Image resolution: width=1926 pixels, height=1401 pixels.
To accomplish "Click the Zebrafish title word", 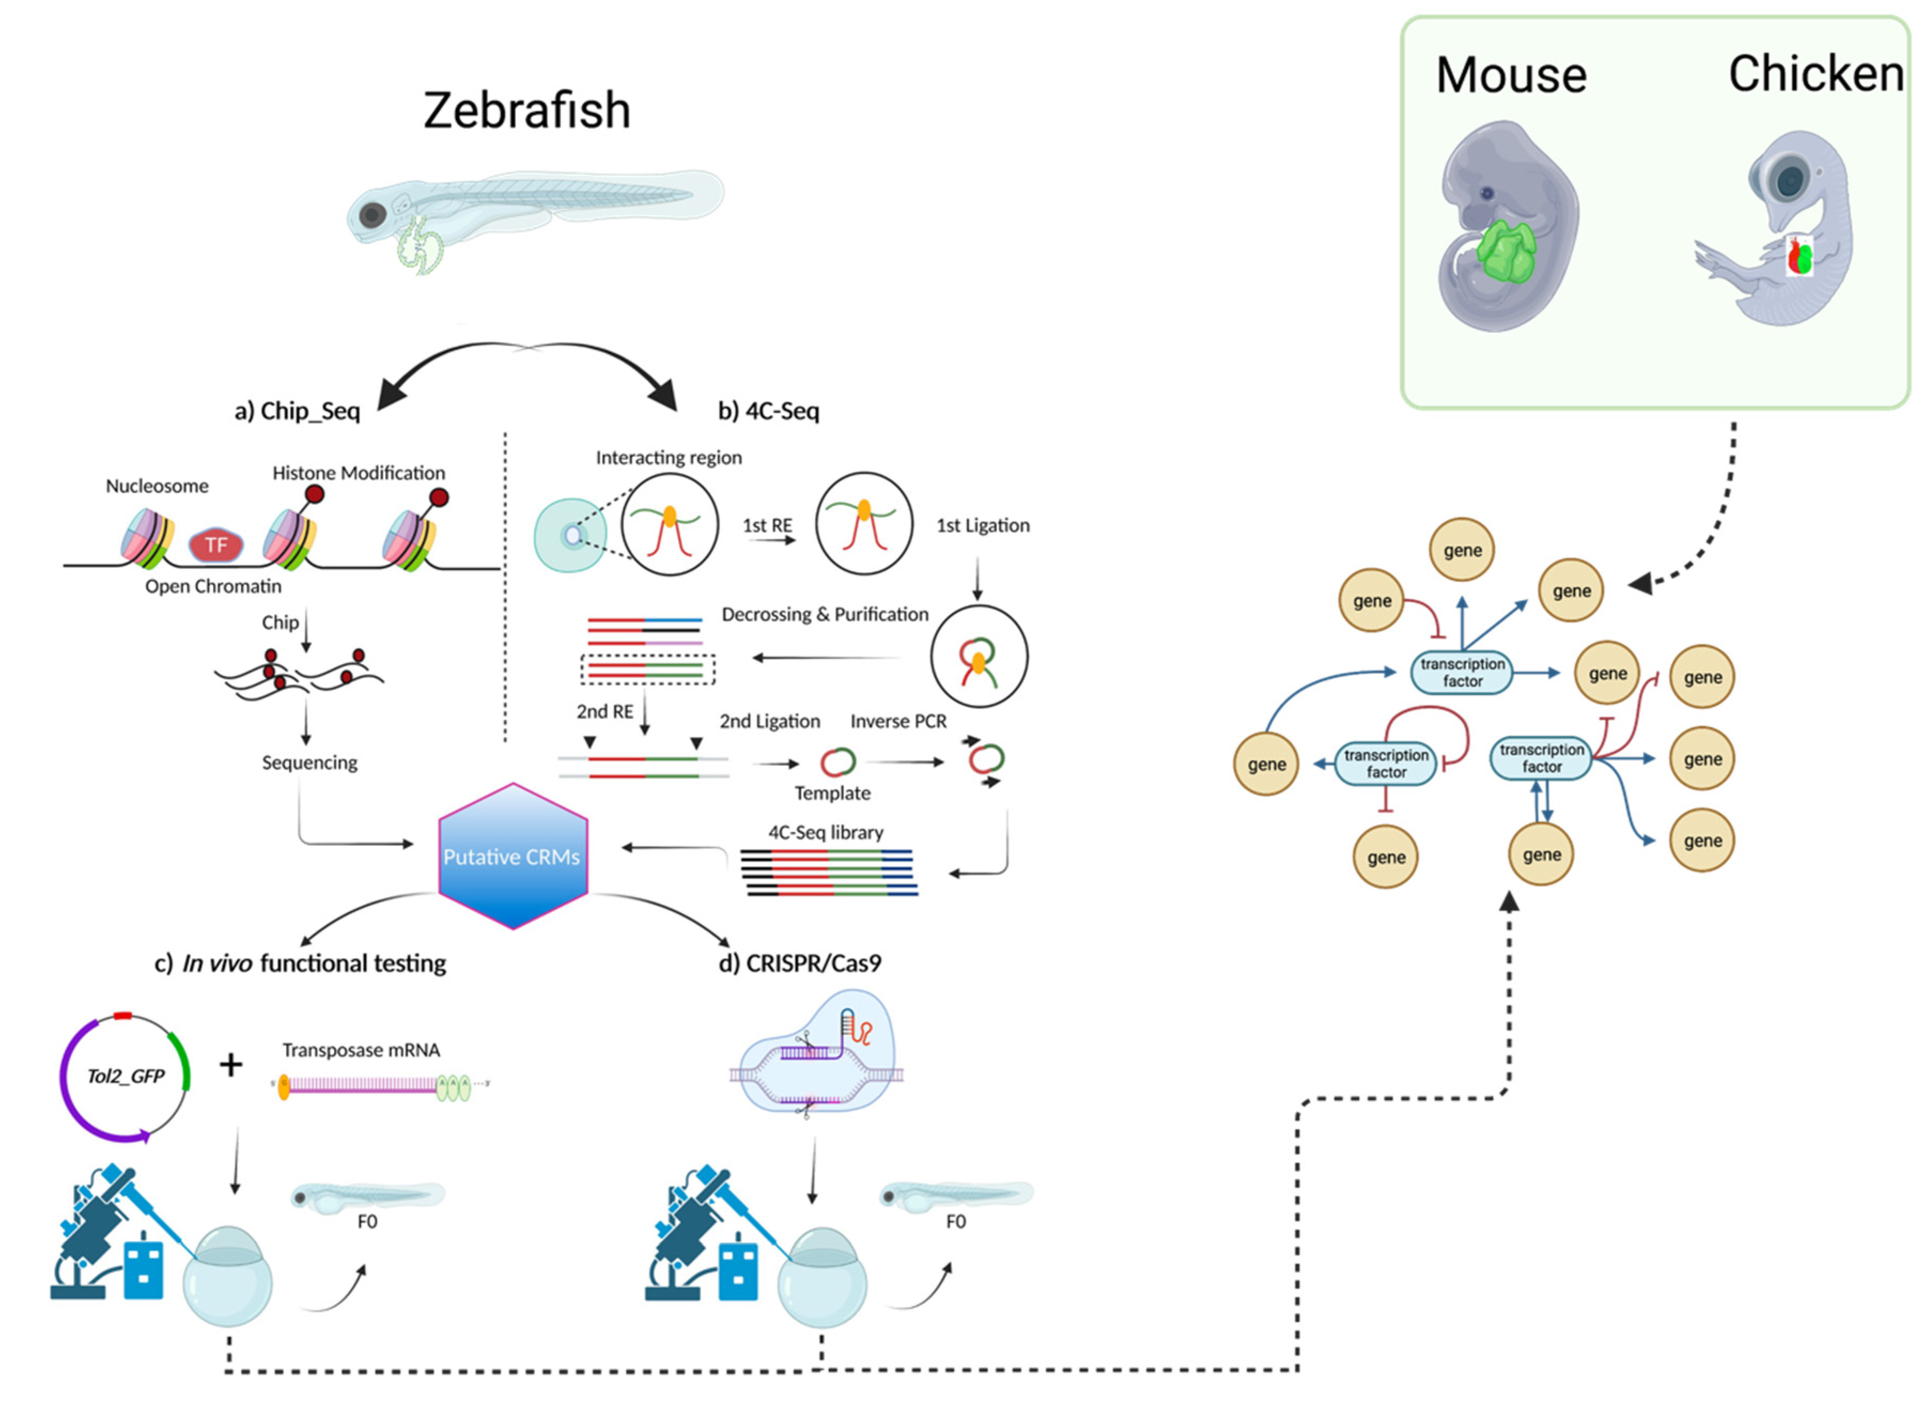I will pos(526,111).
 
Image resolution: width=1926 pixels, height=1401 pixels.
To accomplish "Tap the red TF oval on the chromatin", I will pos(216,545).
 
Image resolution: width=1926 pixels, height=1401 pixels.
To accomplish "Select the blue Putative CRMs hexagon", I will pos(512,856).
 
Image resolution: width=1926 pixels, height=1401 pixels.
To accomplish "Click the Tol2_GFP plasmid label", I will pos(126,1076).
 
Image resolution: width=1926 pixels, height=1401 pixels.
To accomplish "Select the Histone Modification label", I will pos(359,473).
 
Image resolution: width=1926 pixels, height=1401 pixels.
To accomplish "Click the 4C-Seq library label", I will pos(826,832).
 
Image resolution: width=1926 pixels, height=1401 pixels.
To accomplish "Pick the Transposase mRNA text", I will pos(361,1050).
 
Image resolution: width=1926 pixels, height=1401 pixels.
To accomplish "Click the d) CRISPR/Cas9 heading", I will pos(800,963).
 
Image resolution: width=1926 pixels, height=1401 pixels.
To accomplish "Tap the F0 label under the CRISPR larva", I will pos(956,1221).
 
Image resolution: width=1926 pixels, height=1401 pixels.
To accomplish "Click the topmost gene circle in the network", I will pos(1462,550).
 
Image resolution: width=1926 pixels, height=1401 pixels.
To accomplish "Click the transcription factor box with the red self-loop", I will pos(1386,764).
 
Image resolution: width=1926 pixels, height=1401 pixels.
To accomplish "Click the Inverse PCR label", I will pos(898,721).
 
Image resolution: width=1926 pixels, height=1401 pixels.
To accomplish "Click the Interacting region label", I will pos(669,458).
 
